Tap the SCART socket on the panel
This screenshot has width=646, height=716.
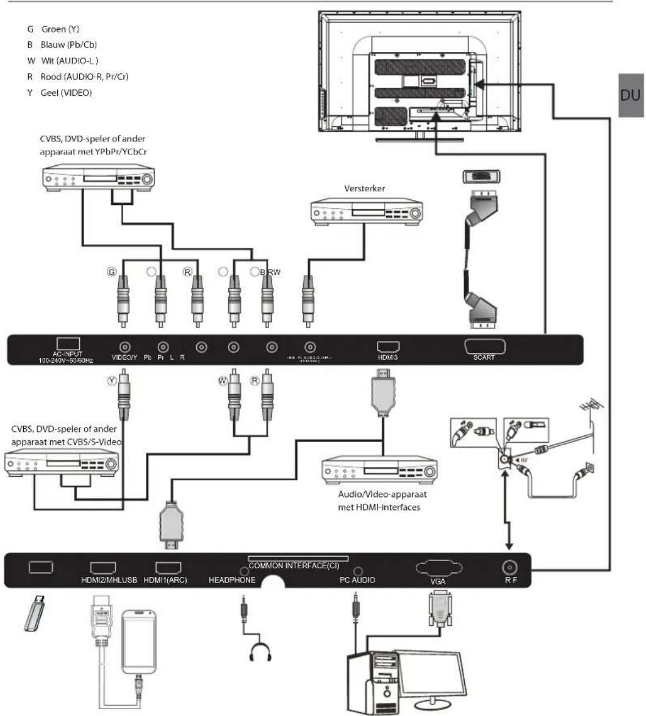(485, 346)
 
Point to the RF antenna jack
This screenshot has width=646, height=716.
(508, 568)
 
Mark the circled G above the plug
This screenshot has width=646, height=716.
(112, 272)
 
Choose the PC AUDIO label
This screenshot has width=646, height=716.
(357, 580)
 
